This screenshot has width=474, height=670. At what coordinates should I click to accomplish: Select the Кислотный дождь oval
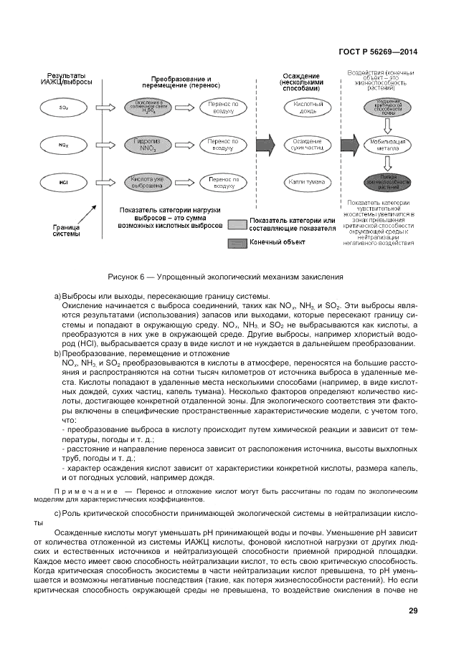[x=308, y=107]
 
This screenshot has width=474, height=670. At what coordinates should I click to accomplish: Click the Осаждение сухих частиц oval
[x=308, y=144]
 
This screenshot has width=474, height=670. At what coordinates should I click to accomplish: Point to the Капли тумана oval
[x=308, y=182]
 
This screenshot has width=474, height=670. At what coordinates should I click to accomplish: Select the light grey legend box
[x=237, y=224]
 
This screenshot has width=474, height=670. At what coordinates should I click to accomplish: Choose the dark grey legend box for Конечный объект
[x=237, y=243]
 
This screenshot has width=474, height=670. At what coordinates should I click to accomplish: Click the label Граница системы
[x=66, y=230]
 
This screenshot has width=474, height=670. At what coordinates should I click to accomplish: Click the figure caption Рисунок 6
[x=225, y=277]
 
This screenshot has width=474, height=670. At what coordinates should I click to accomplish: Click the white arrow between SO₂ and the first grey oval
[x=108, y=107]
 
